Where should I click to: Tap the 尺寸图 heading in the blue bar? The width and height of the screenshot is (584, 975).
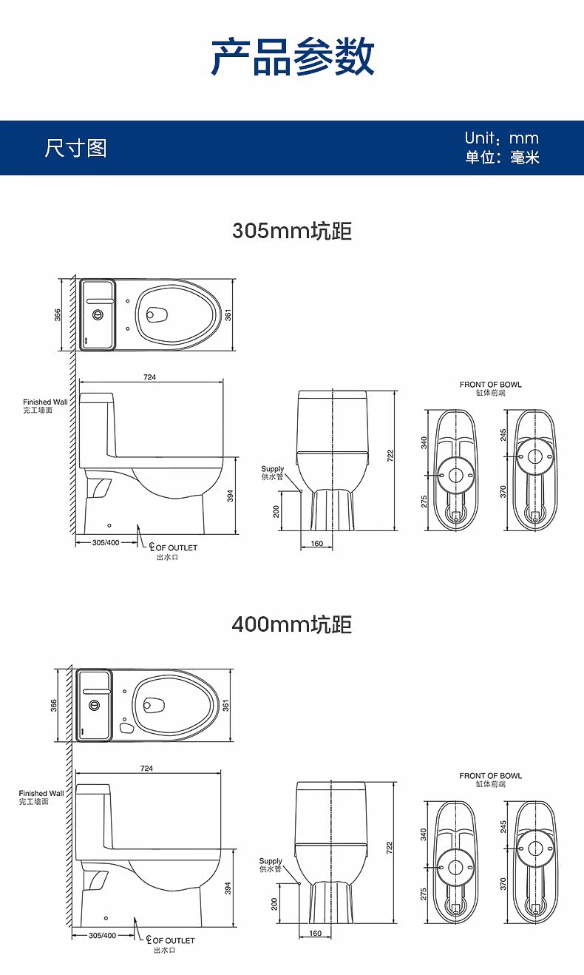click(75, 148)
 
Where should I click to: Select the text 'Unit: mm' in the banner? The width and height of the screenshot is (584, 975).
click(501, 138)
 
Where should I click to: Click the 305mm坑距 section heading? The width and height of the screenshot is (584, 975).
click(292, 231)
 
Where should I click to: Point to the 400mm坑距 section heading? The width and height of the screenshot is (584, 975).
click(292, 624)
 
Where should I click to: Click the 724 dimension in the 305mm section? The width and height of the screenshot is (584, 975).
click(149, 377)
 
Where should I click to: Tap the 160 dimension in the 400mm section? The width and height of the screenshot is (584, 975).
click(315, 934)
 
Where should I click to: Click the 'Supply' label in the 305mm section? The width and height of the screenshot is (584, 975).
click(272, 469)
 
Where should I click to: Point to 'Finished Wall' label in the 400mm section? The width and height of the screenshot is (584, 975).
click(41, 793)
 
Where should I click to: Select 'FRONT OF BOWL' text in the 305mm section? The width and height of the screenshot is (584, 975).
click(490, 385)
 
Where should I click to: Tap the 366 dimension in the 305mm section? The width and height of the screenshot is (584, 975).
click(58, 315)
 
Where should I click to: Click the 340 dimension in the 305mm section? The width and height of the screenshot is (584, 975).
click(424, 442)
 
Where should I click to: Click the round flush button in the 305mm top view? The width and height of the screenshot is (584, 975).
click(97, 314)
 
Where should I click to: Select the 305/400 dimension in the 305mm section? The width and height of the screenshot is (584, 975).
click(106, 542)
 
